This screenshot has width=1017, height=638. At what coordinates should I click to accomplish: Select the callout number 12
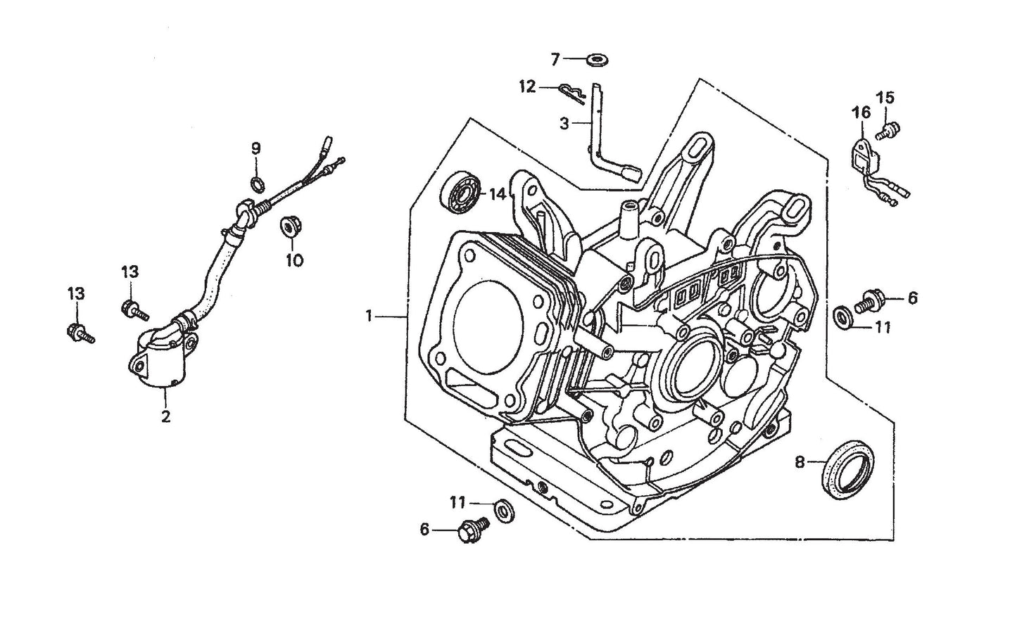(x=527, y=87)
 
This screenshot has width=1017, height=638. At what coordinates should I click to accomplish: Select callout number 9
(x=256, y=148)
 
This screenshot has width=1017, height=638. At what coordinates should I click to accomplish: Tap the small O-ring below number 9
(x=258, y=184)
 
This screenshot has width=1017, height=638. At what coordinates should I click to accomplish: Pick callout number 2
(x=165, y=416)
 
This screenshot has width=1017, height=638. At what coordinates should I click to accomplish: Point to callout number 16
(x=861, y=113)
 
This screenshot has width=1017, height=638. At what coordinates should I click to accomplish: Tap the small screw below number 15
(x=885, y=129)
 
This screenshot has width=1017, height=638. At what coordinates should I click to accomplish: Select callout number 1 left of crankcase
(x=368, y=317)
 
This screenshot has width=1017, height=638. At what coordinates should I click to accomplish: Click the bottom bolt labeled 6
(x=469, y=530)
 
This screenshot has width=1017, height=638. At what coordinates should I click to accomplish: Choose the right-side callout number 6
(x=912, y=298)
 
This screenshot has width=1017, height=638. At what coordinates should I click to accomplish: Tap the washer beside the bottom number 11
(x=503, y=509)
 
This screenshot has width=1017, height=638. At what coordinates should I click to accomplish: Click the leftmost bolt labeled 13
(x=78, y=333)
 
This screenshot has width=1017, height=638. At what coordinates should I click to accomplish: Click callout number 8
(x=799, y=462)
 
